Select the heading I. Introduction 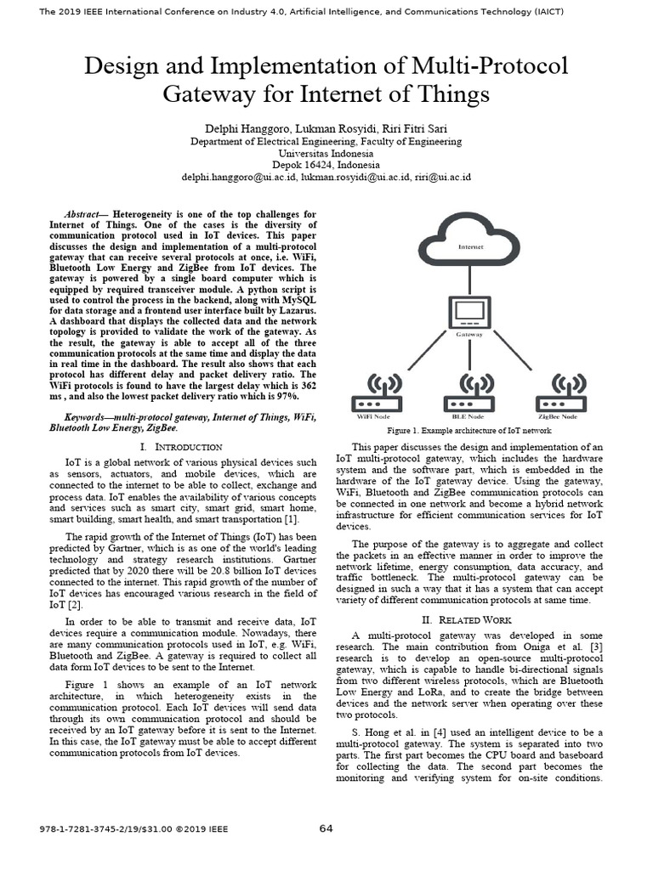point(181,446)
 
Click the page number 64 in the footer point(326,828)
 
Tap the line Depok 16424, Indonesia point(326,165)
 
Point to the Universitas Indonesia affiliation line point(326,153)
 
